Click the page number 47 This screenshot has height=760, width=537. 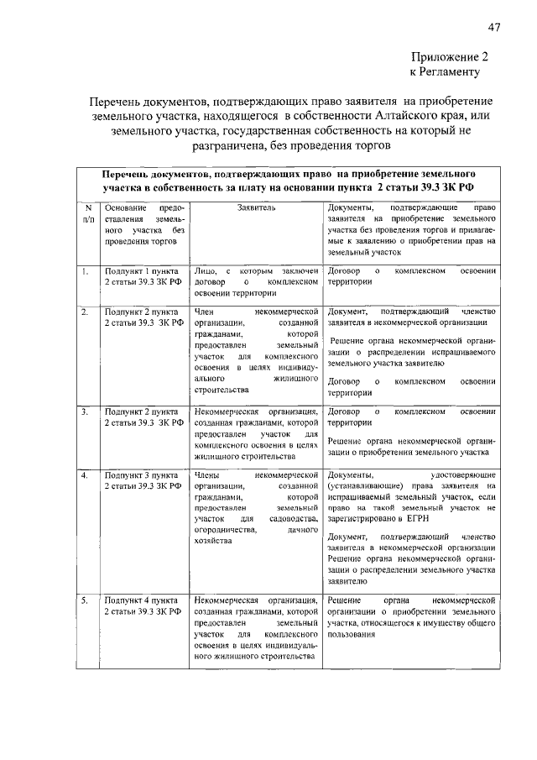pos(494,28)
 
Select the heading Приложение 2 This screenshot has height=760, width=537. pos(449,57)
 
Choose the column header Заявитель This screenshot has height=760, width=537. pos(256,207)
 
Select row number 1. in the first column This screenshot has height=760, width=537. pos(85,271)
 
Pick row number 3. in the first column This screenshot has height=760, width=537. pos(85,412)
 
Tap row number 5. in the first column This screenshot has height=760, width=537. pos(85,600)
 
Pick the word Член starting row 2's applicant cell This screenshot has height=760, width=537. pos(205,312)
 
